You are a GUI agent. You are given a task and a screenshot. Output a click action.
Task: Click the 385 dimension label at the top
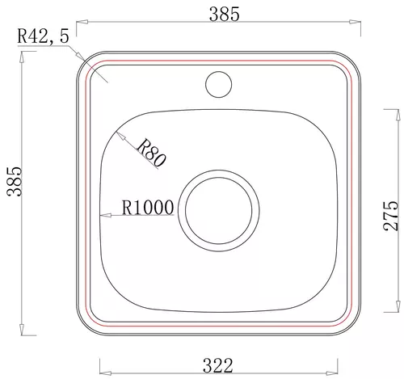[224, 15]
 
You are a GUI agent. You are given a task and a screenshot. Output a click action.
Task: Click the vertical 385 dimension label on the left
[15, 181]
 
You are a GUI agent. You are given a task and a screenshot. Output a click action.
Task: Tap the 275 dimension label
[391, 216]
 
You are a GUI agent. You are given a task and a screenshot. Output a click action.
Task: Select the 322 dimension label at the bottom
[217, 365]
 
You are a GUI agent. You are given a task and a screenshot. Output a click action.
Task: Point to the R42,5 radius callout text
[43, 36]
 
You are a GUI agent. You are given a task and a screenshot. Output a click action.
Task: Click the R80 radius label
[151, 152]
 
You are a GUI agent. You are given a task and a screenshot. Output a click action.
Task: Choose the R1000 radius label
[148, 208]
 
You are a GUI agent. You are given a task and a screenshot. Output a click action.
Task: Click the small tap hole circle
[218, 84]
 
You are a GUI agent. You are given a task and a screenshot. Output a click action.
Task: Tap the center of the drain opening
[219, 211]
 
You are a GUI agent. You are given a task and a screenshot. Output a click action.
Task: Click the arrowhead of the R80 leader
[120, 136]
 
